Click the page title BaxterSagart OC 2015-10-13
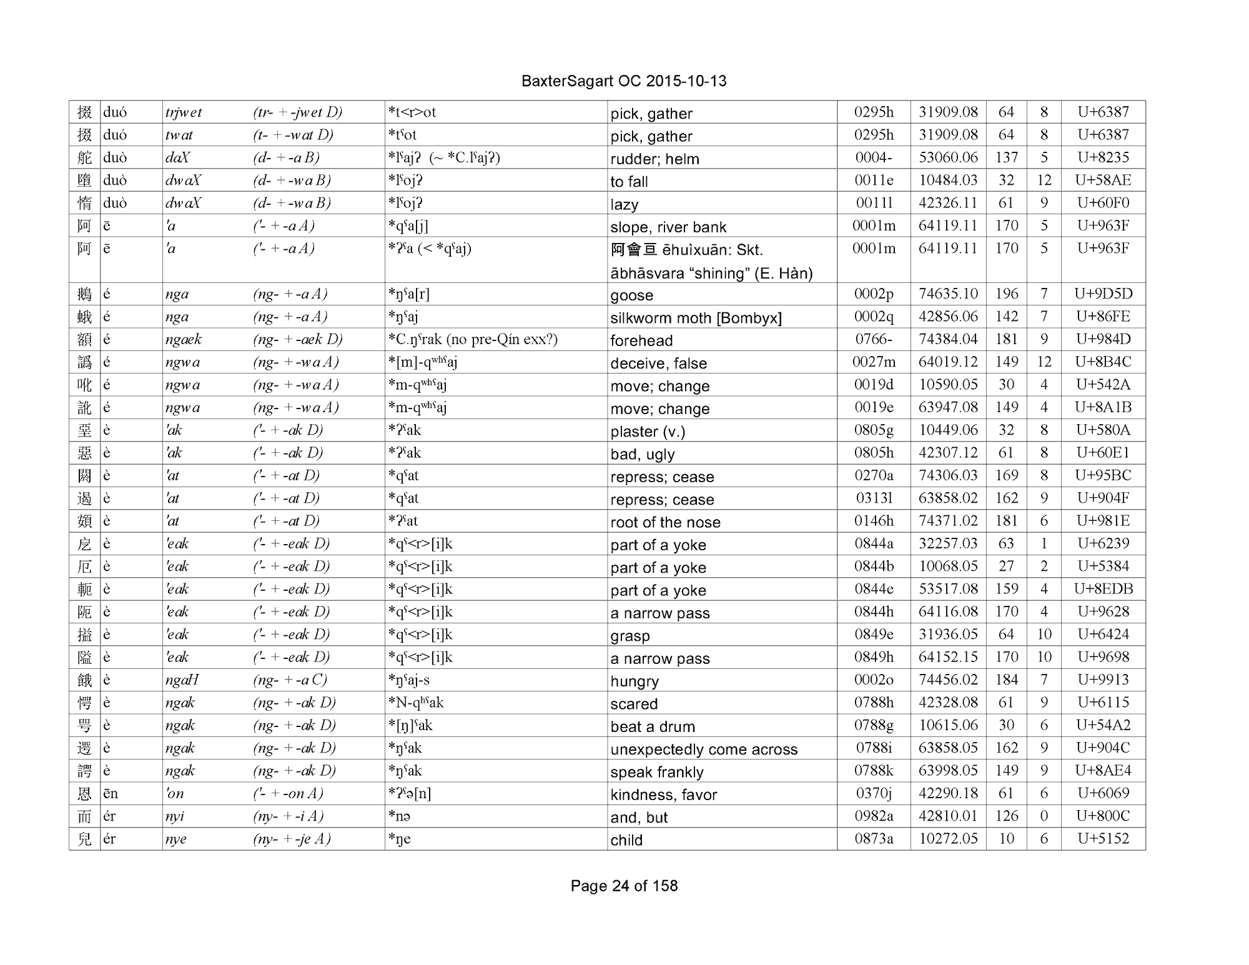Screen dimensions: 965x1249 click(x=623, y=81)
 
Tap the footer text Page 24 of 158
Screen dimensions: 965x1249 click(x=624, y=886)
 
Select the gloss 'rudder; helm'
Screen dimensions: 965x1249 click(x=654, y=159)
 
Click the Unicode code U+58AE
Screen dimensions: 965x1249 click(x=1103, y=181)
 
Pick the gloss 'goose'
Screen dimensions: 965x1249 click(x=631, y=295)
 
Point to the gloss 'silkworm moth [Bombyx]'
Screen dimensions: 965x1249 click(x=696, y=319)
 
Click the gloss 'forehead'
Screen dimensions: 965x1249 click(x=641, y=341)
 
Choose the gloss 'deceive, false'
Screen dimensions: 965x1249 click(x=658, y=364)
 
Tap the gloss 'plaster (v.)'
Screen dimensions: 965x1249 click(x=648, y=432)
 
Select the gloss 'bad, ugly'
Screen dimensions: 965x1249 click(x=642, y=455)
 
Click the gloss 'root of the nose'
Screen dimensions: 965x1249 click(x=665, y=523)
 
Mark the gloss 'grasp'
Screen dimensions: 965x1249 click(x=630, y=636)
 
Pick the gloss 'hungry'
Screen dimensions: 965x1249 click(x=634, y=681)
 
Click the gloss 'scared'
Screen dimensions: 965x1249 click(x=634, y=705)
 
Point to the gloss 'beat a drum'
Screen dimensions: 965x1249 click(x=653, y=727)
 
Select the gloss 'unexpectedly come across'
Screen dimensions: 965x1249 click(x=704, y=750)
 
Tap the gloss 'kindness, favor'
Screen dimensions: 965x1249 click(x=663, y=795)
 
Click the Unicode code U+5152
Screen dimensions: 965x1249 click(x=1103, y=839)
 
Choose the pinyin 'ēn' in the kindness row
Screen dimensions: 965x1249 click(x=111, y=794)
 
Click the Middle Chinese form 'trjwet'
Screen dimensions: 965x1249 click(x=184, y=113)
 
